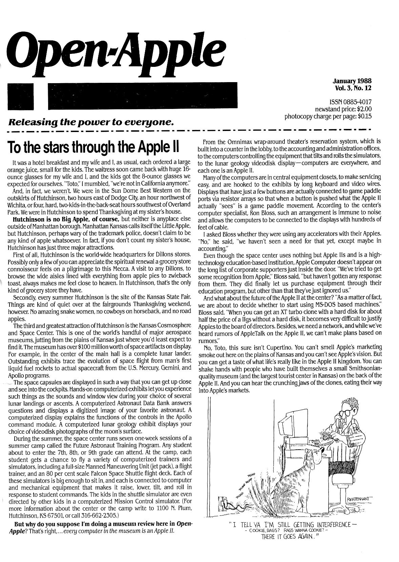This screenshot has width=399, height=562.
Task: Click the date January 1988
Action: [x=352, y=81]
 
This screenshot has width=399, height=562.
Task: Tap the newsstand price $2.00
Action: [x=362, y=109]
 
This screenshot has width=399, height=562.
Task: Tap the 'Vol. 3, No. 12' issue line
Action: [x=353, y=88]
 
